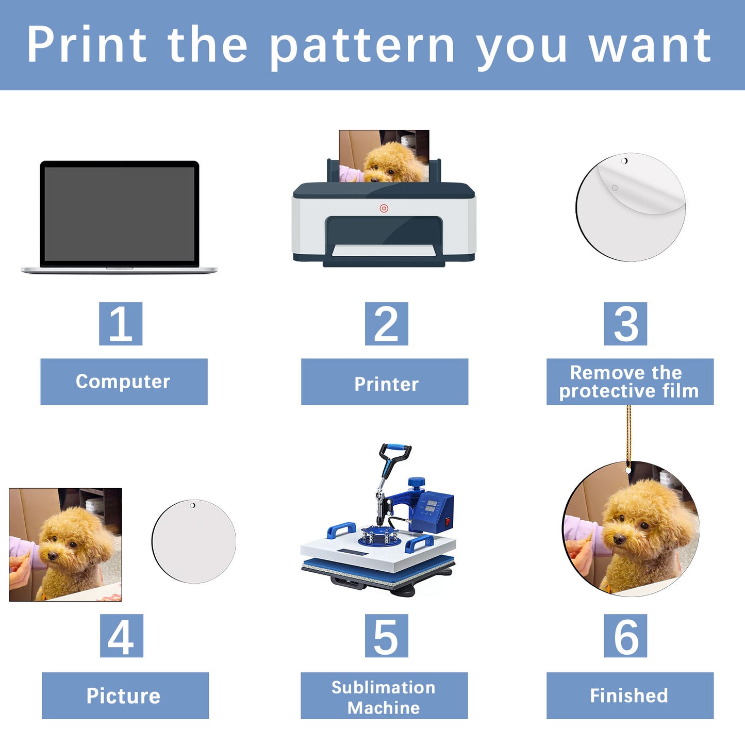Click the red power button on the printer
384,208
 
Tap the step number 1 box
121,324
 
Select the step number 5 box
387,636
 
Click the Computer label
124,382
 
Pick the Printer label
385,382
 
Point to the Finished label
630,696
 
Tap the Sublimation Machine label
384,696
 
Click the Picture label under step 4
125,696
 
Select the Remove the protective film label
630,382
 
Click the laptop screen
120,214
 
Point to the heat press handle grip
395,449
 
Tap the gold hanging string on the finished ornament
629,437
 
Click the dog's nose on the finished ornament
619,539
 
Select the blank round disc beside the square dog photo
194,541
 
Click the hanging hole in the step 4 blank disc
192,505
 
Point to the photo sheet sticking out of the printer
384,156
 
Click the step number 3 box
625,324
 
